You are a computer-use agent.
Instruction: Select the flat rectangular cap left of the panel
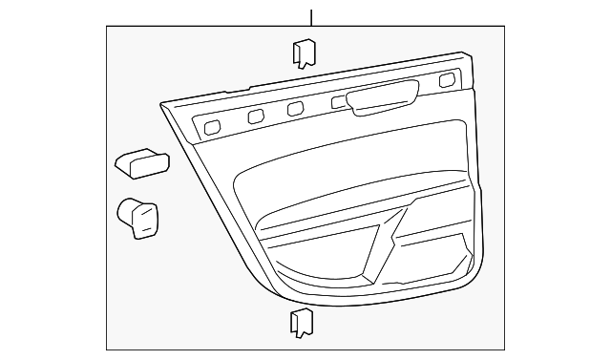click(141, 162)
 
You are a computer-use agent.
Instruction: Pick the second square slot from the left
click(255, 116)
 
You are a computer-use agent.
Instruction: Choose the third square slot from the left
click(296, 108)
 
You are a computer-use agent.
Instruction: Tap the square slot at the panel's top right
click(447, 79)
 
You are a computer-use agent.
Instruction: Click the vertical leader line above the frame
click(311, 13)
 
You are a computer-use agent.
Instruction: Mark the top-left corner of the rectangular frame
click(107, 28)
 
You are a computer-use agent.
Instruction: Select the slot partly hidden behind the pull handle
click(339, 101)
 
